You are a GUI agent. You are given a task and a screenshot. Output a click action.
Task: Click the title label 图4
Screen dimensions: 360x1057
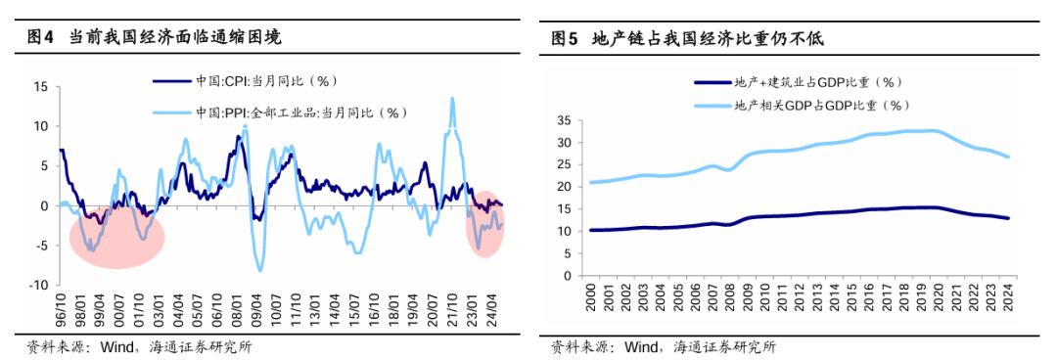pos(39,38)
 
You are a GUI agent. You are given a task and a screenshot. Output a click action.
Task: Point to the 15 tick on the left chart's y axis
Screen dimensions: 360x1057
pos(41,86)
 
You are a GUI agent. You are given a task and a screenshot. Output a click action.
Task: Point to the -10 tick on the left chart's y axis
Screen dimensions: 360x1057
pos(38,285)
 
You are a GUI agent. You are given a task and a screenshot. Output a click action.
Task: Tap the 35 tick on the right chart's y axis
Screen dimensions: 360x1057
pos(563,120)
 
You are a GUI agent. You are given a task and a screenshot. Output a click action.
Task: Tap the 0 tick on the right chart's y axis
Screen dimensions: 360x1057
pos(567,276)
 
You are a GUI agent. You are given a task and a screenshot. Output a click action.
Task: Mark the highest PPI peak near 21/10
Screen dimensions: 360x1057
pos(452,98)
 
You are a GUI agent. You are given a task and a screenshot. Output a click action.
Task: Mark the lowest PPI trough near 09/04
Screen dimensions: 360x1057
pos(260,270)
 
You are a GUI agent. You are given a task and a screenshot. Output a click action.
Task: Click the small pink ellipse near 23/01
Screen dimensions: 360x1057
pos(485,224)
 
